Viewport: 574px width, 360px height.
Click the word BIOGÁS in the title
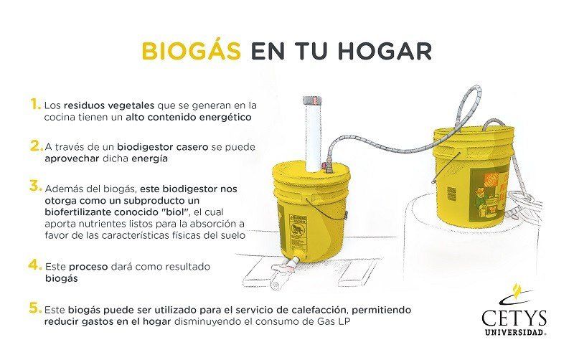click(191, 50)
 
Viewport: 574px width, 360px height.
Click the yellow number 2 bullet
click(37, 146)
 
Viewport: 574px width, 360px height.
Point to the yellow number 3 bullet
click(36, 186)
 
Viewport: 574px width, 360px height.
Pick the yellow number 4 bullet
click(35, 265)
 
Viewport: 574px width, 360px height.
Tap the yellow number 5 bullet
click(35, 308)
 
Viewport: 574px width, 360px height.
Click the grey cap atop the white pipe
click(312, 100)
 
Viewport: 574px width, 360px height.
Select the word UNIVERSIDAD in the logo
click(514, 333)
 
